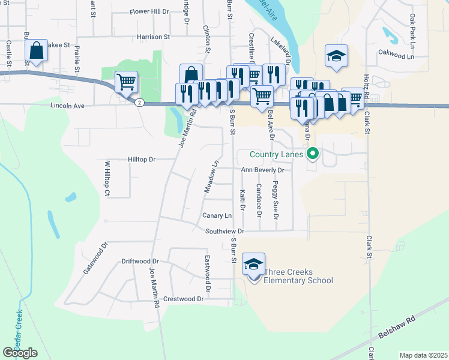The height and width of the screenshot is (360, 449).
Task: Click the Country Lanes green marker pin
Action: pyautogui.click(x=312, y=155)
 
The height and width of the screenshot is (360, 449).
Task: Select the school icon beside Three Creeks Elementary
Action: pyautogui.click(x=253, y=264)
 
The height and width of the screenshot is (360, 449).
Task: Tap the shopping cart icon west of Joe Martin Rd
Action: pyautogui.click(x=126, y=82)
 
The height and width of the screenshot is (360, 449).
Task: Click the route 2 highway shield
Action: pyautogui.click(x=139, y=103)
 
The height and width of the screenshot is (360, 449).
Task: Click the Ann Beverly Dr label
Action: pyautogui.click(x=262, y=170)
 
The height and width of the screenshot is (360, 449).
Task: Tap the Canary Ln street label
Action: pyautogui.click(x=217, y=215)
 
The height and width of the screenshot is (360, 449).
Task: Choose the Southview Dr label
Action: pyautogui.click(x=224, y=231)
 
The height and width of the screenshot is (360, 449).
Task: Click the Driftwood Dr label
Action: pyautogui.click(x=140, y=262)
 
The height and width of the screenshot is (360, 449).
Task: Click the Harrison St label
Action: pyautogui.click(x=153, y=37)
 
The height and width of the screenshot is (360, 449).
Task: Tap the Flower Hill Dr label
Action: pyautogui.click(x=149, y=11)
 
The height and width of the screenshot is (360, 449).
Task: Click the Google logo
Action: pyautogui.click(x=20, y=353)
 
